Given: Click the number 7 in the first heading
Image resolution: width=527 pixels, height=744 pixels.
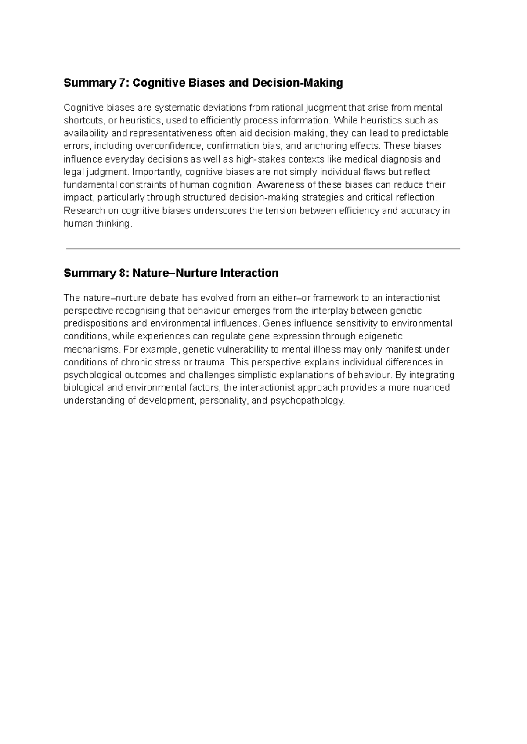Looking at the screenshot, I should pos(122,83).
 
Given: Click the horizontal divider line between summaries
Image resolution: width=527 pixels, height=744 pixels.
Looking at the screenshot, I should pos(263,249).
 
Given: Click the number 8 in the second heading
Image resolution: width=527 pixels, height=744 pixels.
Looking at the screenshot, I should pos(122,273).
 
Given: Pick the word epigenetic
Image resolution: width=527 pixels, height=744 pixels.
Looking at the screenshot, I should pos(380,336).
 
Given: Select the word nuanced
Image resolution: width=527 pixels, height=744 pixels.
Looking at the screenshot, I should pos(432,388).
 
